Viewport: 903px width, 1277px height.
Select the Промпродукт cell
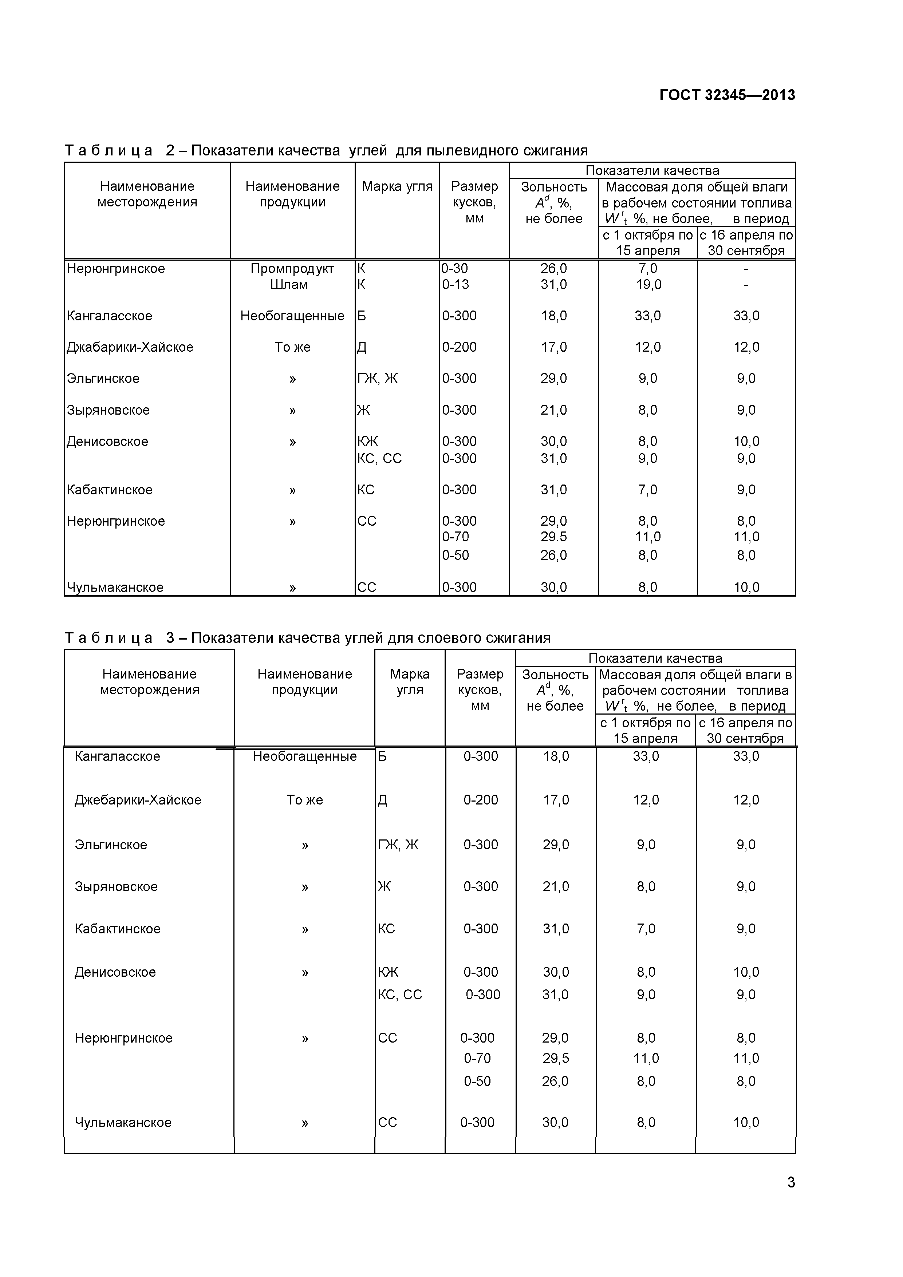[292, 269]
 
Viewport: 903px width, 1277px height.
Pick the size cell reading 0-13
[455, 285]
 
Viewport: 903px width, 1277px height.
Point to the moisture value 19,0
[648, 285]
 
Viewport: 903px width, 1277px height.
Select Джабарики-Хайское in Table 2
[130, 347]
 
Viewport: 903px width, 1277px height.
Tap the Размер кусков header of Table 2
[474, 202]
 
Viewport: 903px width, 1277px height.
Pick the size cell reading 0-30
[454, 269]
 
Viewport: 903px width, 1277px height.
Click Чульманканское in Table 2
[115, 587]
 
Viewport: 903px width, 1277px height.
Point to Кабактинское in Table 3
[117, 929]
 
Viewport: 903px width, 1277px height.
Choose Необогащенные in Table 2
[292, 316]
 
